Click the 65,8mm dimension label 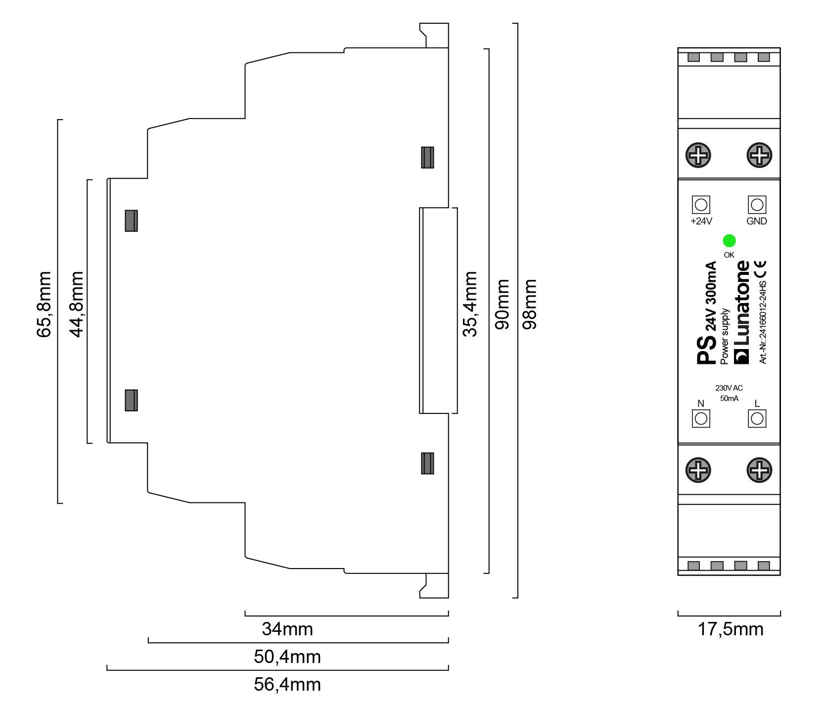[44, 304]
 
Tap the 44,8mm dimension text [77, 304]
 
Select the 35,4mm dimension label [470, 304]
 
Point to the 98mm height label [530, 304]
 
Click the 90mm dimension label [502, 304]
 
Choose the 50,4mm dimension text [287, 657]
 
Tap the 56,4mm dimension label [287, 685]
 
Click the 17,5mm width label [731, 629]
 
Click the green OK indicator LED [729, 241]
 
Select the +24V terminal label [701, 221]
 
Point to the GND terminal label [757, 221]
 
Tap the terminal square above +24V [701, 205]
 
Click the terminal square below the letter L [757, 419]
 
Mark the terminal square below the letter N [701, 419]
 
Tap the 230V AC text [729, 388]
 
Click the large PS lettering [706, 350]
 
